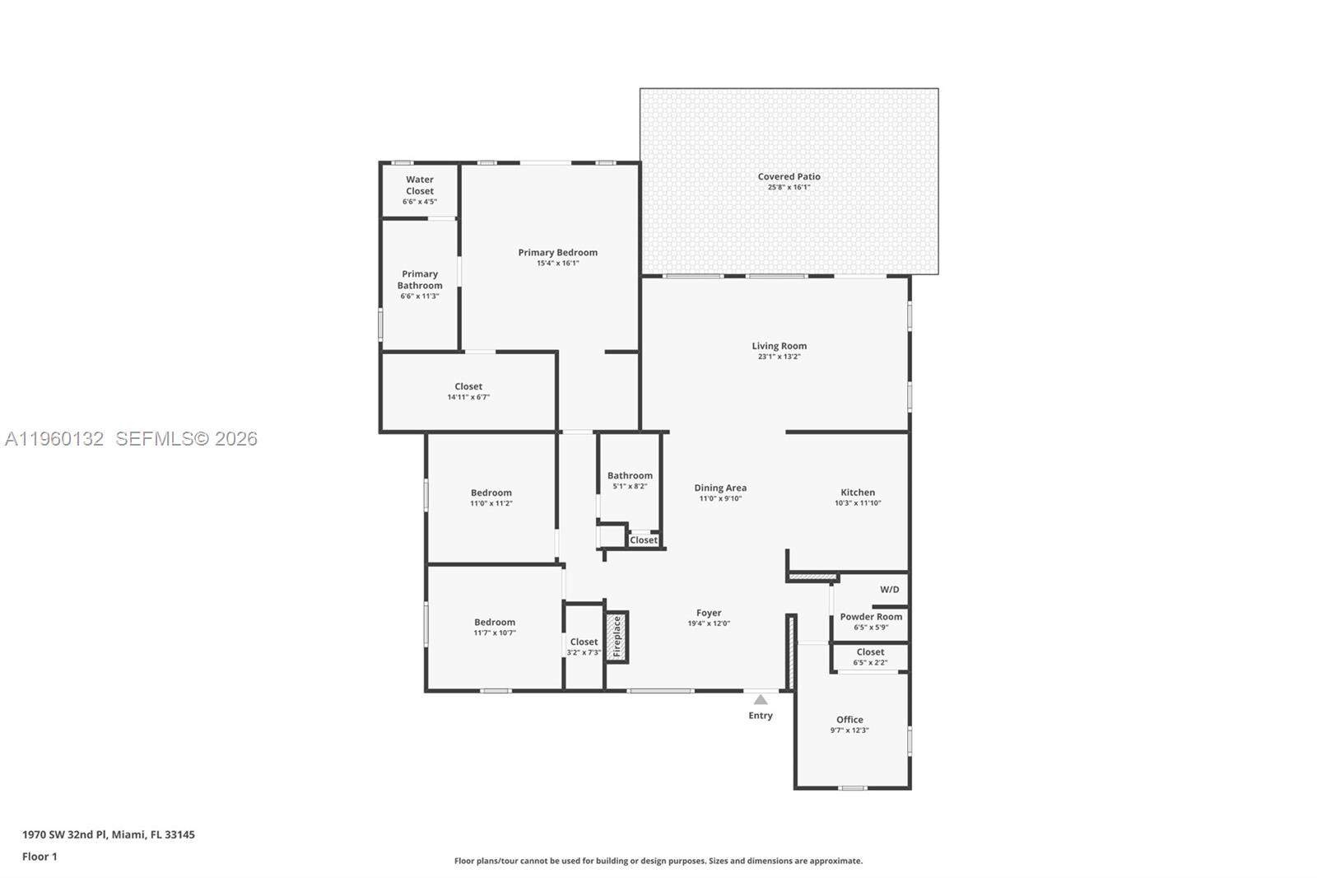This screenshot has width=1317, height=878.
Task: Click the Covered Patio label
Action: pyautogui.click(x=789, y=176)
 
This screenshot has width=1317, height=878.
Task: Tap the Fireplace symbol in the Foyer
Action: pyautogui.click(x=617, y=637)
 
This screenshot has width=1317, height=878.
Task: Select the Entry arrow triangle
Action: pyautogui.click(x=761, y=699)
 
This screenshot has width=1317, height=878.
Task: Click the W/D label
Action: pyautogui.click(x=889, y=590)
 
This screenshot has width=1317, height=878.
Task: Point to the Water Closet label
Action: pyautogui.click(x=420, y=185)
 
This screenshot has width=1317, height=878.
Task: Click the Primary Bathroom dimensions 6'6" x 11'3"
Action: pyautogui.click(x=420, y=297)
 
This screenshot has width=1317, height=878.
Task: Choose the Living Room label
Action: pyautogui.click(x=779, y=346)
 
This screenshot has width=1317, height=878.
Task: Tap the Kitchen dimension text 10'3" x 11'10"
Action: pyautogui.click(x=858, y=503)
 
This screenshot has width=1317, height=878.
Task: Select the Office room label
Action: pyautogui.click(x=849, y=719)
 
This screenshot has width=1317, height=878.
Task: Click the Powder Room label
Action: pyautogui.click(x=871, y=616)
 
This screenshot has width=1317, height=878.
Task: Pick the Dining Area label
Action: pyautogui.click(x=720, y=488)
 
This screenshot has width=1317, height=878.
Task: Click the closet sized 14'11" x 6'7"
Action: pyautogui.click(x=468, y=391)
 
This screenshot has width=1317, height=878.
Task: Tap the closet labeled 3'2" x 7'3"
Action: pyautogui.click(x=584, y=647)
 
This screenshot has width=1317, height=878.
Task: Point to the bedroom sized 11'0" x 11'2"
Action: pyautogui.click(x=491, y=497)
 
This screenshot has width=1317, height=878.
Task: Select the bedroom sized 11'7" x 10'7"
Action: pyautogui.click(x=495, y=627)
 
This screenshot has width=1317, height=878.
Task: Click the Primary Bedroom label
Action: pyautogui.click(x=557, y=252)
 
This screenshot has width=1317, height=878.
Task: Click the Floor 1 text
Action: pyautogui.click(x=40, y=857)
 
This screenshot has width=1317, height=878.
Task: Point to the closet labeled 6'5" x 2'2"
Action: pyautogui.click(x=870, y=656)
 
